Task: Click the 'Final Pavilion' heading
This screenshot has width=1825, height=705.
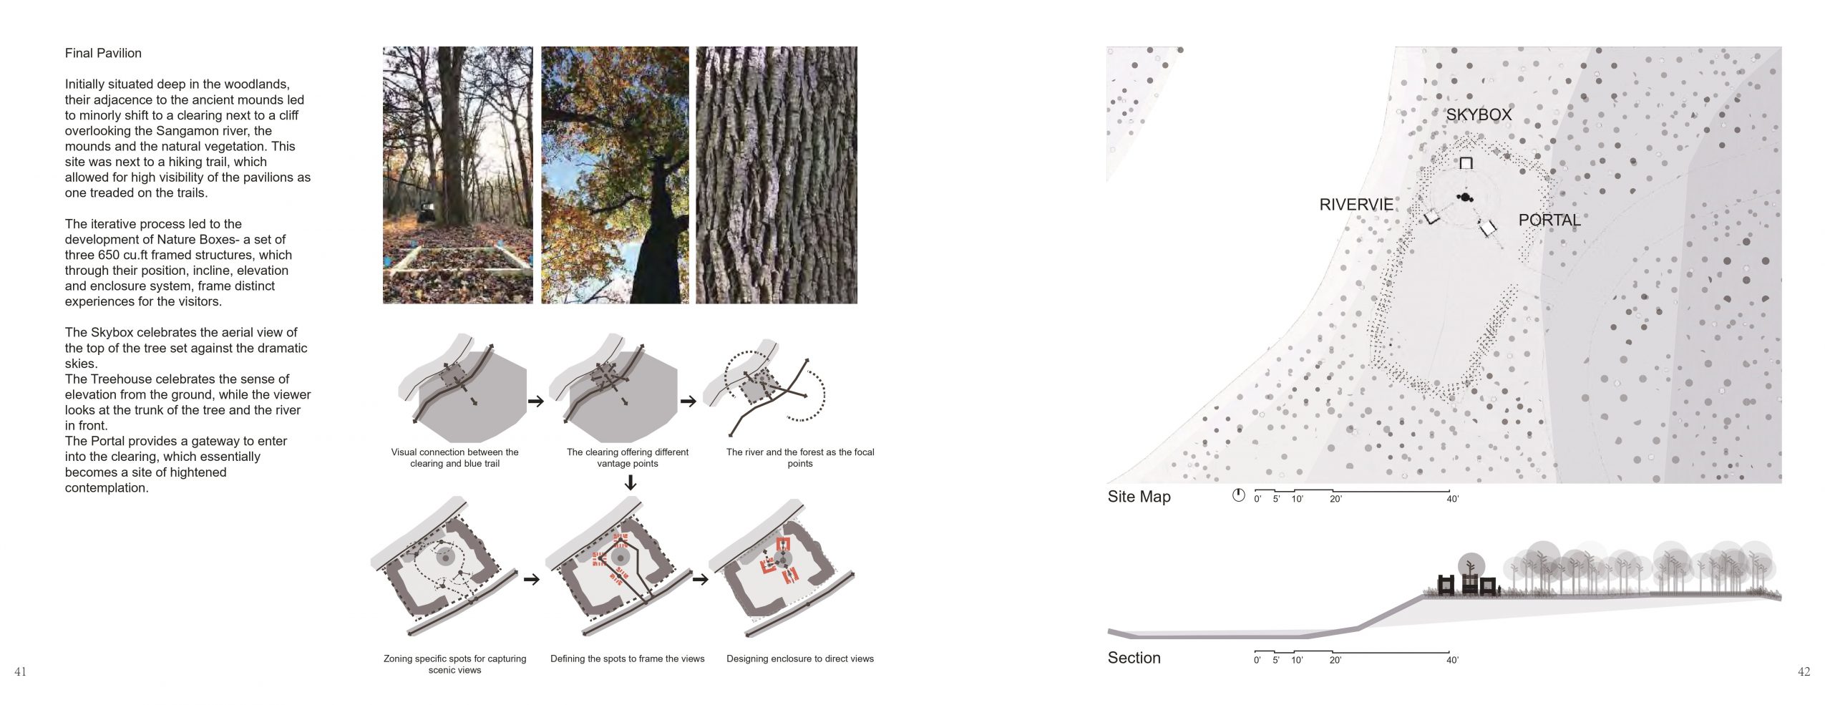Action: [103, 53]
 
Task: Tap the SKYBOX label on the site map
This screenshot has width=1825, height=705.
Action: [1479, 115]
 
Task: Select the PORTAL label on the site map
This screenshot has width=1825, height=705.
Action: [1549, 220]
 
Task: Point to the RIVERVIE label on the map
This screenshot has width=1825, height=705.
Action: [1356, 205]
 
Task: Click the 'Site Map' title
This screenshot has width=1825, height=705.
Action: [1139, 497]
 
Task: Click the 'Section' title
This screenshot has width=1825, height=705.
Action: [1134, 658]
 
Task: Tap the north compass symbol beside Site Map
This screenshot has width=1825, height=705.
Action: [1238, 495]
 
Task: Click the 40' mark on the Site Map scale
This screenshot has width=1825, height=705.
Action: [1452, 499]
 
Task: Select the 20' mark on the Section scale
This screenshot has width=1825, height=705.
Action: [1335, 660]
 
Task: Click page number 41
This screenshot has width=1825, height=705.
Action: [20, 671]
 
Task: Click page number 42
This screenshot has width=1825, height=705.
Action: [1804, 671]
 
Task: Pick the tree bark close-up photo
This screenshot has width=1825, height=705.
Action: [777, 175]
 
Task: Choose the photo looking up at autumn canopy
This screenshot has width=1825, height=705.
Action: [615, 175]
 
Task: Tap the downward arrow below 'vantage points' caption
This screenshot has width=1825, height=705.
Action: [630, 483]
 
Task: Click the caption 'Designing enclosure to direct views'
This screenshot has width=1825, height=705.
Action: [800, 658]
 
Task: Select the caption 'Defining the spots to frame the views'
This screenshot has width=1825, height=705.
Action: [628, 658]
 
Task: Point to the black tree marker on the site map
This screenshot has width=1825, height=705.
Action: [1465, 197]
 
